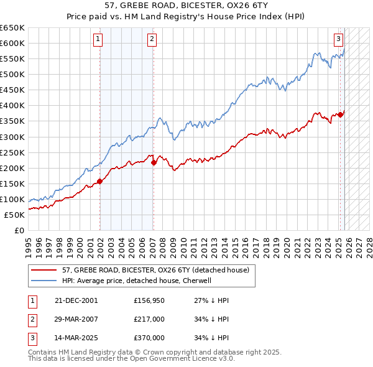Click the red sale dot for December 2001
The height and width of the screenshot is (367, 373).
point(99,182)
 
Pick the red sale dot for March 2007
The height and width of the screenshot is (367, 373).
point(154,162)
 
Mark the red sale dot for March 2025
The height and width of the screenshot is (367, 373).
point(341,114)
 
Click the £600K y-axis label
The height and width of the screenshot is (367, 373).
point(13,43)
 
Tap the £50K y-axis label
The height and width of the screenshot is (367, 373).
point(15,215)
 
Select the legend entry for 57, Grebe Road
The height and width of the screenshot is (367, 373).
point(155,270)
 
